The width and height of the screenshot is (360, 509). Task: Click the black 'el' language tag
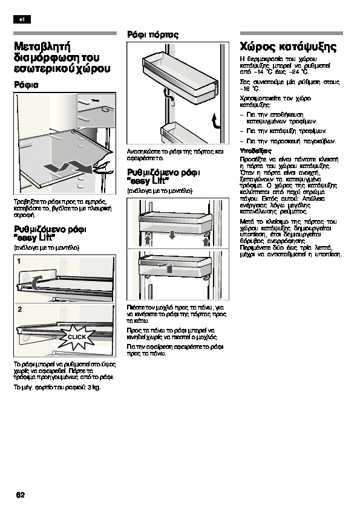click(22, 19)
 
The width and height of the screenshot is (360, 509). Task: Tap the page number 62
click(20, 495)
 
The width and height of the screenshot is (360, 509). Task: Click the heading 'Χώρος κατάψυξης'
click(288, 47)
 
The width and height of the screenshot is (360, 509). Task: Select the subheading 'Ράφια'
click(26, 85)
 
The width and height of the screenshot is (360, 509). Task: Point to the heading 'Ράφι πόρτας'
click(152, 34)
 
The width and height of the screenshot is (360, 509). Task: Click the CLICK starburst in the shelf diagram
click(77, 337)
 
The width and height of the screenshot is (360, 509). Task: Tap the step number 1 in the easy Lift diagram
click(19, 261)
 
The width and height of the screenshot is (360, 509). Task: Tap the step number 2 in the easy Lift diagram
click(20, 310)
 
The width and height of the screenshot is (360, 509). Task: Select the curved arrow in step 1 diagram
click(36, 282)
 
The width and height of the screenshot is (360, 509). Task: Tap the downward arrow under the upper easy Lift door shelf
click(172, 235)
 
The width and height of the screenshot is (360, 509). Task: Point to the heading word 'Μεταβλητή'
click(42, 47)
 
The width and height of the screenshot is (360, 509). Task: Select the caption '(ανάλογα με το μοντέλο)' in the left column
click(47, 248)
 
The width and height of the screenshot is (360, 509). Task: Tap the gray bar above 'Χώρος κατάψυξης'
click(292, 33)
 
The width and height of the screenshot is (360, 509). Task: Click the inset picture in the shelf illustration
click(96, 111)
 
